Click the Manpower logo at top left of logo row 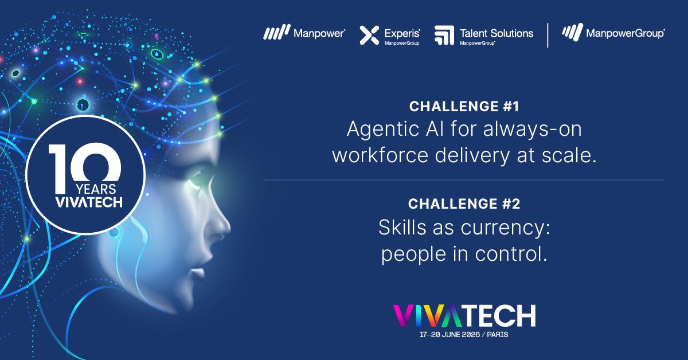(x=304, y=34)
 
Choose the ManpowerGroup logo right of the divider (x=613, y=33)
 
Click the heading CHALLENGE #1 (x=464, y=107)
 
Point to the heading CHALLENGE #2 (x=464, y=205)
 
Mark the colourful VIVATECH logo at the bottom (x=464, y=315)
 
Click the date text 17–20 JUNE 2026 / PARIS (x=464, y=335)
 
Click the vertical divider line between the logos (x=548, y=35)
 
